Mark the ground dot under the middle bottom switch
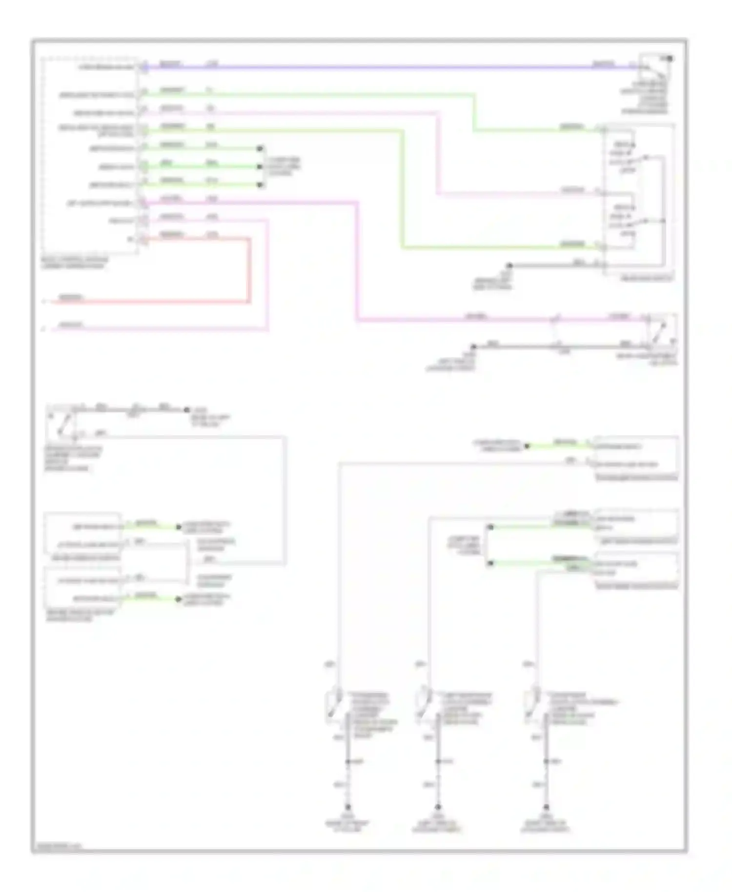(438, 807)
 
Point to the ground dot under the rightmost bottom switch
(546, 807)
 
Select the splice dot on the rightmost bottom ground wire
(546, 761)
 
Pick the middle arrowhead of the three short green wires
(260, 167)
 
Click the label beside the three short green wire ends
(282, 166)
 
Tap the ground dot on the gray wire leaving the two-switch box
(509, 265)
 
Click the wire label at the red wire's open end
(71, 297)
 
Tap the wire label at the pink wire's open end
(71, 324)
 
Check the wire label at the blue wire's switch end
(603, 63)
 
